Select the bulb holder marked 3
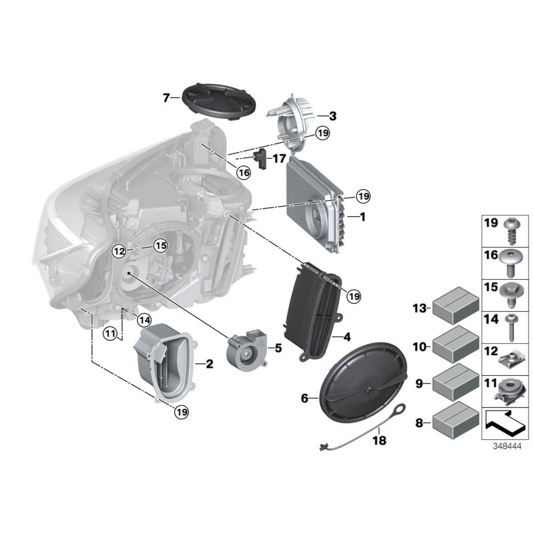[x=292, y=119]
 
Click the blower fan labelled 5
[x=246, y=350]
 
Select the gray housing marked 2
[x=164, y=361]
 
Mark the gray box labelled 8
[x=455, y=422]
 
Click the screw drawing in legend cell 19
[x=513, y=230]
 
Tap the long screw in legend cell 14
[x=513, y=326]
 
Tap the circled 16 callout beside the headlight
[x=244, y=173]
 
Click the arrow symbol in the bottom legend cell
[x=505, y=421]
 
